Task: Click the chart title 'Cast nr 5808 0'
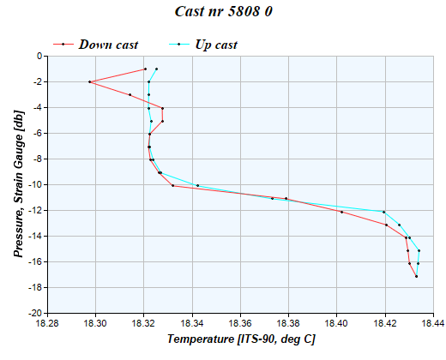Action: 223,13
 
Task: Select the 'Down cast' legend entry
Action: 108,45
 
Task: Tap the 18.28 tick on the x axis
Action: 48,324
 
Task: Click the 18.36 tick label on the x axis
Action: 241,324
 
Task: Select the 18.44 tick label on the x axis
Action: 434,324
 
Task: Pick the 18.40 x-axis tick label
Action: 337,324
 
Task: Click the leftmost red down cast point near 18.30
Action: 90,81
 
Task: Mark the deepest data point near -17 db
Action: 416,276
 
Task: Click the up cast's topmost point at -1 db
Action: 156,69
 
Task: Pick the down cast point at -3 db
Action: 130,94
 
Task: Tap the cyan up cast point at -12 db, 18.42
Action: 383,212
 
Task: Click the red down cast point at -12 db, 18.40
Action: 341,212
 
